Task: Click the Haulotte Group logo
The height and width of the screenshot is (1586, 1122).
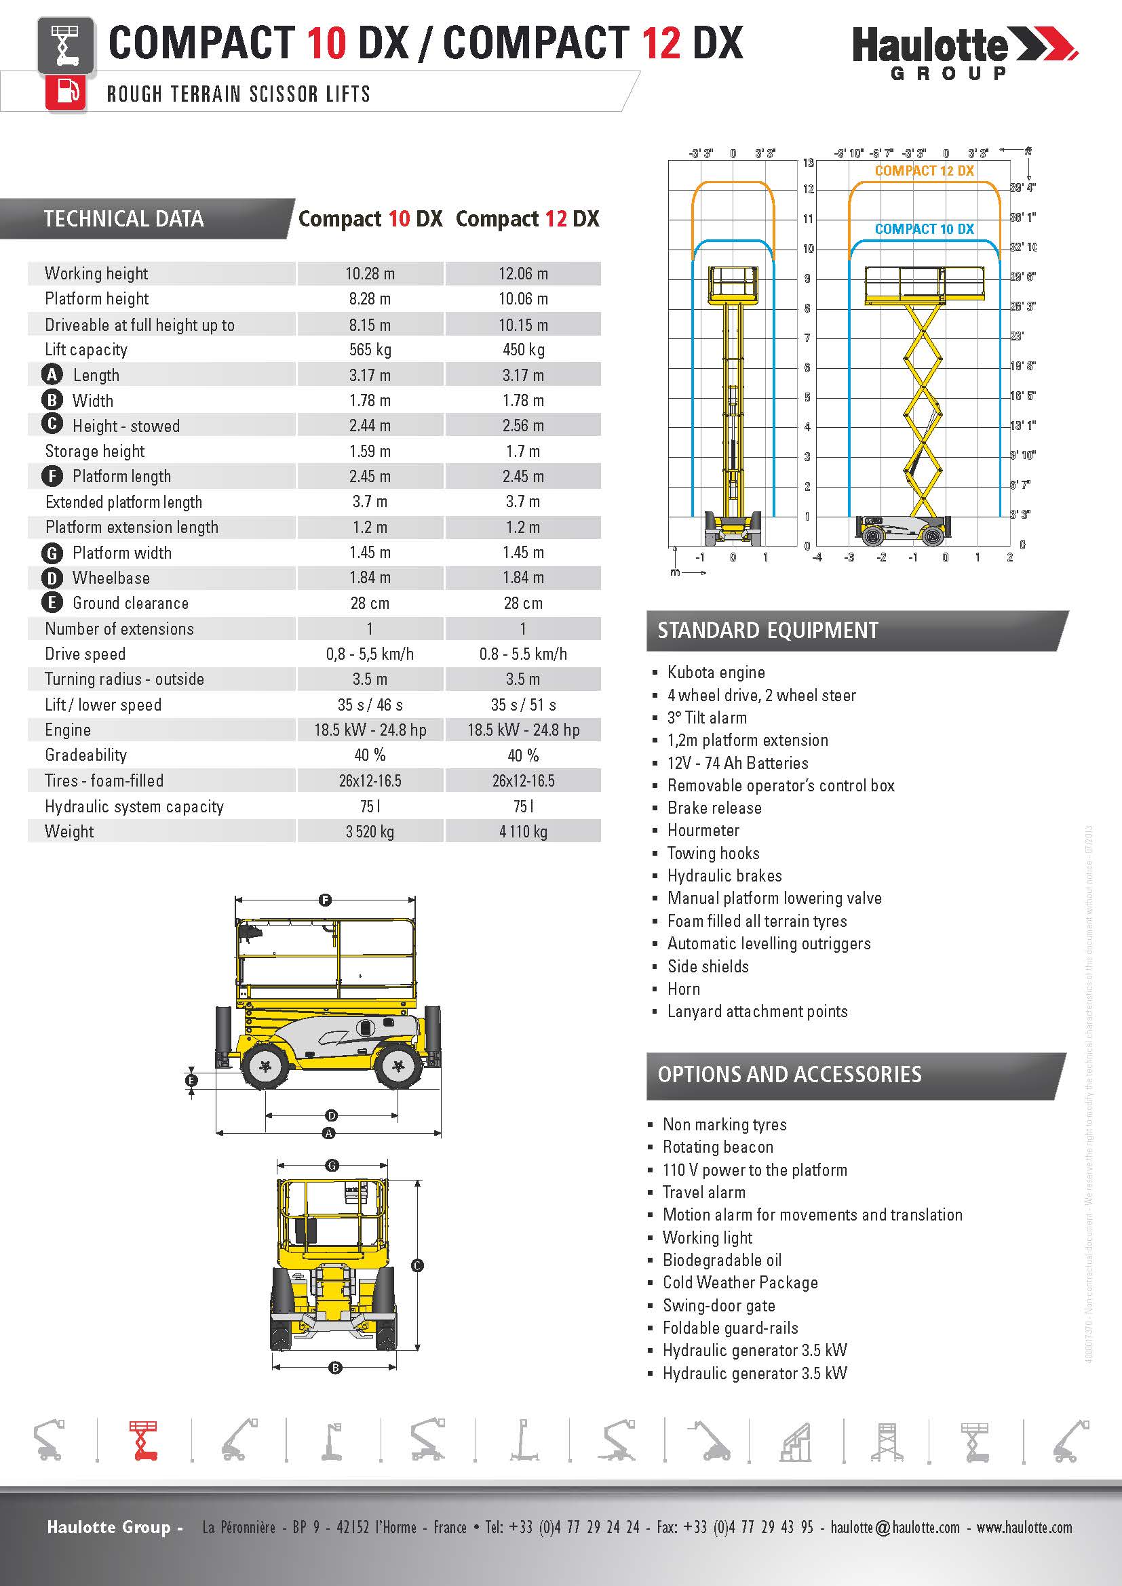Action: [x=963, y=52]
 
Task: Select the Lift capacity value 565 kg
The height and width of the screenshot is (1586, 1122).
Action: [x=370, y=349]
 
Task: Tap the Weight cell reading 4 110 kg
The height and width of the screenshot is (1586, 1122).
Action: [x=523, y=832]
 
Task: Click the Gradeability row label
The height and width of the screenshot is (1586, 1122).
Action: [x=85, y=755]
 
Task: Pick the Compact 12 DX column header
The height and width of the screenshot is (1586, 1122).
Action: [x=527, y=219]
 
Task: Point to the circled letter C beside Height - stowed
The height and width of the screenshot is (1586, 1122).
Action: [x=52, y=425]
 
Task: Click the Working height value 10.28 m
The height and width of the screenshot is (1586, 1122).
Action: [x=370, y=273]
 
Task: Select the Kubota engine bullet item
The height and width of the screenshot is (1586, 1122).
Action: [x=716, y=672]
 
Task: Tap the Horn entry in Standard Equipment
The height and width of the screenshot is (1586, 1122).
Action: [x=683, y=989]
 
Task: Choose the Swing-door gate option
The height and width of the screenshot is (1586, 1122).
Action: [x=718, y=1305]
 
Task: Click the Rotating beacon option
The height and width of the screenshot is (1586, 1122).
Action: [x=718, y=1147]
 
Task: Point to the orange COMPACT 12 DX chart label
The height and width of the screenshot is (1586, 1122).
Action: [x=924, y=171]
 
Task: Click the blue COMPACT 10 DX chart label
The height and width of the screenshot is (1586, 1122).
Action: [x=924, y=229]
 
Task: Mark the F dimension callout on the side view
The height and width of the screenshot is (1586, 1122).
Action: [x=325, y=899]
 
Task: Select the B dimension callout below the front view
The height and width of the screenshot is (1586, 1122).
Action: [x=335, y=1367]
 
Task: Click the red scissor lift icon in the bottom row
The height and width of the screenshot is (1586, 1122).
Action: [x=144, y=1441]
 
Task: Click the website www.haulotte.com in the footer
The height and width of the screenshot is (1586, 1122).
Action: [x=1024, y=1527]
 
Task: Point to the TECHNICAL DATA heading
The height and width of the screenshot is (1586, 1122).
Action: [x=123, y=219]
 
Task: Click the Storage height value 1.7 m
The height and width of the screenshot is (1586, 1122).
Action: [x=523, y=451]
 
